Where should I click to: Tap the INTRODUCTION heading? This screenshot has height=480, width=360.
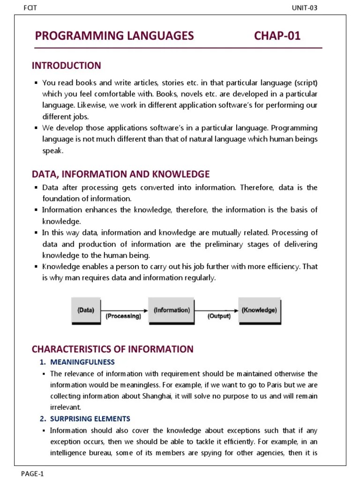(66, 66)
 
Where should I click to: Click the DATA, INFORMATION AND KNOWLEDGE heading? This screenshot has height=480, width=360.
(120, 174)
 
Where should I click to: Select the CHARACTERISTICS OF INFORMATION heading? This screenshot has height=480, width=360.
(112, 349)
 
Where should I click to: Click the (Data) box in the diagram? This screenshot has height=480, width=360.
(85, 310)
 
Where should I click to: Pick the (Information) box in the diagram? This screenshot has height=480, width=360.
(172, 310)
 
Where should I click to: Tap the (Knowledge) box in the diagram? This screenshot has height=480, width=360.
(259, 310)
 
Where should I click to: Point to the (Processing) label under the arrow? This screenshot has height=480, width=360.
(123, 316)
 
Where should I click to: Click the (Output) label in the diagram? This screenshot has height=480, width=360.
(219, 316)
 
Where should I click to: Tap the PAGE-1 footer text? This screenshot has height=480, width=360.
(32, 473)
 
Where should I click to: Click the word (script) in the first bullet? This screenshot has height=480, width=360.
(306, 83)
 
